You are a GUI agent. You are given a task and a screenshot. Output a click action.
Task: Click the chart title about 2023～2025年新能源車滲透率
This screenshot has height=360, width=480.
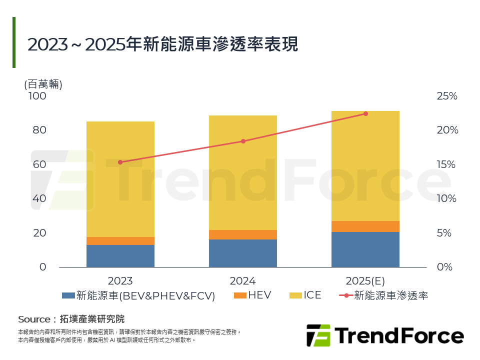tap(162, 44)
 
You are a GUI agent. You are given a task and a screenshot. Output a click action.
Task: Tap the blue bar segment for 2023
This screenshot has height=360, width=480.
tap(120, 255)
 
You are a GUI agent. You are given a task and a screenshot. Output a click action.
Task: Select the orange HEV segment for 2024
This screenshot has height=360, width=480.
tap(243, 234)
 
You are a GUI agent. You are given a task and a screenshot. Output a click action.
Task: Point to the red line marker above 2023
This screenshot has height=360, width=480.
tap(120, 162)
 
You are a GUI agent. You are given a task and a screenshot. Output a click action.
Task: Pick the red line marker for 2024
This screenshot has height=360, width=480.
tap(243, 141)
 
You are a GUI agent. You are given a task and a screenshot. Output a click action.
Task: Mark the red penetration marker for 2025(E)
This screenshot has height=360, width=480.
tap(365, 114)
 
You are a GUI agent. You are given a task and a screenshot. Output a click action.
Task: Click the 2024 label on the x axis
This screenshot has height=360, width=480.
tap(243, 281)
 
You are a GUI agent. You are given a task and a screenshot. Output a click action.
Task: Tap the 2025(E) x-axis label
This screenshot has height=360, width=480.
tap(365, 281)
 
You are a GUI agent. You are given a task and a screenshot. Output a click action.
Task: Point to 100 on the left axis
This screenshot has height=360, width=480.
tap(36, 96)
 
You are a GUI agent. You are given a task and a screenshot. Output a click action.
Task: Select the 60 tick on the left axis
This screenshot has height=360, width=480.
tap(39, 164)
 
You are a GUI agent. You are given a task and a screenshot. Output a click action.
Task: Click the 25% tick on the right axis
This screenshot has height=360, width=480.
tap(447, 96)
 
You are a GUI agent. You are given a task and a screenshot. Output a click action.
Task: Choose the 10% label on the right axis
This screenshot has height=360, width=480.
tap(447, 198)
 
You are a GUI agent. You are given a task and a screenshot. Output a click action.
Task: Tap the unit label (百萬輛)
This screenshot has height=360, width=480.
tap(43, 84)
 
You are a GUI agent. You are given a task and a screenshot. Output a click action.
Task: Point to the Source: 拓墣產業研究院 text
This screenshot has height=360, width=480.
tap(71, 319)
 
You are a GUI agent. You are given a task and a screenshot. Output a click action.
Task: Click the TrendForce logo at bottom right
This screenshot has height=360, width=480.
tap(384, 335)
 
